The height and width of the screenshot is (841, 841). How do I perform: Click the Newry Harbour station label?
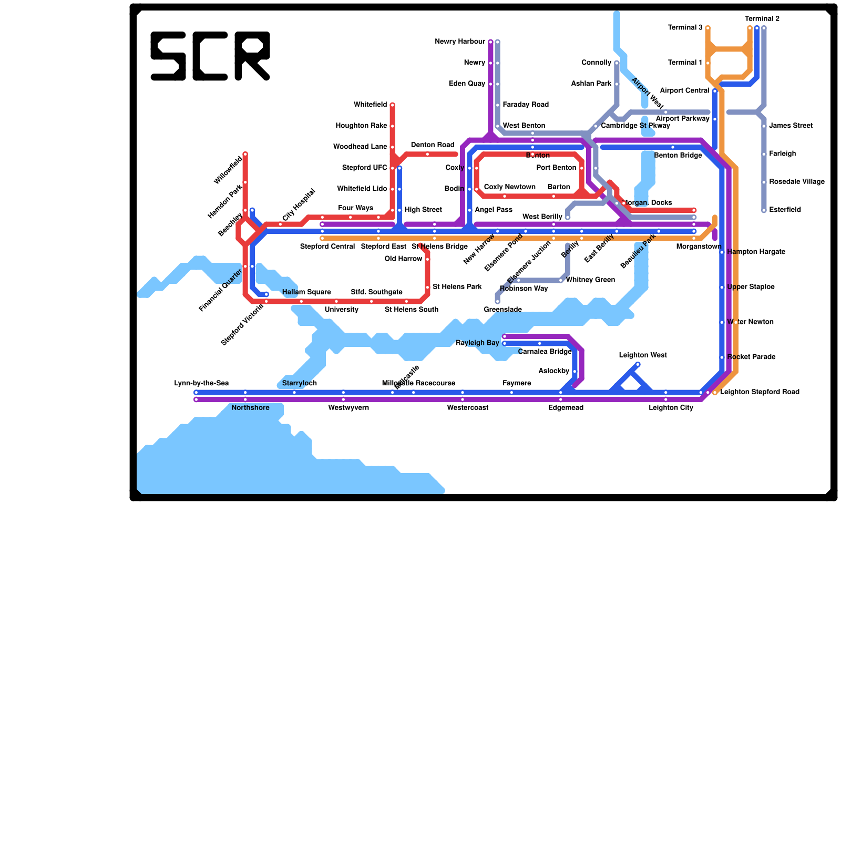pos(460,42)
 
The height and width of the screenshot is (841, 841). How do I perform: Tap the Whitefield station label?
pos(370,105)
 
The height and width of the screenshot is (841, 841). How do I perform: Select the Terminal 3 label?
pos(685,28)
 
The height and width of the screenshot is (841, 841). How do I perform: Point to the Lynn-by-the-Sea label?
pos(201,383)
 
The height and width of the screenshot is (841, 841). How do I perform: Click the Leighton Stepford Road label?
pos(760,392)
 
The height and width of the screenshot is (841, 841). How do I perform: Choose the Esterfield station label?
pos(785,210)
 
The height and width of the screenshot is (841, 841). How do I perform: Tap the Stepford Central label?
pos(327,247)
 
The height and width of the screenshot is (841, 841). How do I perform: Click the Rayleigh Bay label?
pos(477,343)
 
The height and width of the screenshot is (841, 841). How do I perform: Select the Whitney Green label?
pos(590,280)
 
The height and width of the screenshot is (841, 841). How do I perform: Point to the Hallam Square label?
pos(306,292)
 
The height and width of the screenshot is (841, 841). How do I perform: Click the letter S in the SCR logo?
pos(168,56)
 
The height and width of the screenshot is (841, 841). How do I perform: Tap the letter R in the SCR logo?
pos(252,56)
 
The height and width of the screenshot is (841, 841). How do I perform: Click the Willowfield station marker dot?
pos(245,154)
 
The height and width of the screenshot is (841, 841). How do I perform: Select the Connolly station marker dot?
pos(617,63)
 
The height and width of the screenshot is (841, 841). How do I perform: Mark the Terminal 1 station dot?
pos(708,63)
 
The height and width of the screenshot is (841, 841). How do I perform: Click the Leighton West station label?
pos(642,355)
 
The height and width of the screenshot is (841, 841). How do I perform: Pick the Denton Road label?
pos(432,145)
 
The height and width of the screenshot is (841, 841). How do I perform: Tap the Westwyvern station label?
pos(348,408)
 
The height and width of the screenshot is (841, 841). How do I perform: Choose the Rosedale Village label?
pos(796,182)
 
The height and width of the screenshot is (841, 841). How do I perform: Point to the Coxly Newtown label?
pos(509,187)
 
